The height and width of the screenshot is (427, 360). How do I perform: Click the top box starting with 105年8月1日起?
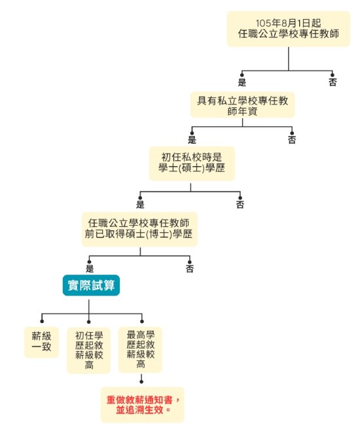pyautogui.click(x=288, y=29)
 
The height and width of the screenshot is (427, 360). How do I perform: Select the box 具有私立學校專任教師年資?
pyautogui.click(x=242, y=105)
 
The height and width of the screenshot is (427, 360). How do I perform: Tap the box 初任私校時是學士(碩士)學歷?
pyautogui.click(x=192, y=163)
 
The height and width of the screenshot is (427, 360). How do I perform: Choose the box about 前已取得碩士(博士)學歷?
pyautogui.click(x=139, y=230)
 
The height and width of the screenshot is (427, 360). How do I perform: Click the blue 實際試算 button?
pyautogui.click(x=91, y=285)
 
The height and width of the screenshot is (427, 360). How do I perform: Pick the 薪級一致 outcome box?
pyautogui.click(x=41, y=342)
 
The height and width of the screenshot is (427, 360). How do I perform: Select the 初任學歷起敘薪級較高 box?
pyautogui.click(x=89, y=350)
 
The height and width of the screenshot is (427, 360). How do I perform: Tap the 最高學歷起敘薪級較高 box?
pyautogui.click(x=140, y=349)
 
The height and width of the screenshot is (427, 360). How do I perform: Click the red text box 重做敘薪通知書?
pyautogui.click(x=143, y=405)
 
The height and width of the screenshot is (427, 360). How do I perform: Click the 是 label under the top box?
pyautogui.click(x=242, y=82)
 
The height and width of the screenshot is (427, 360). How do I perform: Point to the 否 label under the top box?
pyautogui.click(x=333, y=82)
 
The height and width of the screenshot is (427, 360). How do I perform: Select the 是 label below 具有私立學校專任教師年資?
pyautogui.click(x=192, y=140)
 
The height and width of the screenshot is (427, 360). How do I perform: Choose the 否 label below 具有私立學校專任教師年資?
pyautogui.click(x=292, y=140)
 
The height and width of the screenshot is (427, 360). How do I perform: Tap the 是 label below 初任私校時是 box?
pyautogui.click(x=140, y=205)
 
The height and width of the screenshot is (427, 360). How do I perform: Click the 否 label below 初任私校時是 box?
pyautogui.click(x=240, y=205)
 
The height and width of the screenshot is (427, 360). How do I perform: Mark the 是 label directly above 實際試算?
pyautogui.click(x=90, y=269)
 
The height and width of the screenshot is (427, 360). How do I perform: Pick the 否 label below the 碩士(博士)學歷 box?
pyautogui.click(x=190, y=269)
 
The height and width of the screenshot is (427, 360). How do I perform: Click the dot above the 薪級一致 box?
pyautogui.click(x=42, y=322)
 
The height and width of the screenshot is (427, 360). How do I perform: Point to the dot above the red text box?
pyautogui.click(x=141, y=382)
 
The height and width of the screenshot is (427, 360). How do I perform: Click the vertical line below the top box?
pyautogui.click(x=288, y=59)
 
